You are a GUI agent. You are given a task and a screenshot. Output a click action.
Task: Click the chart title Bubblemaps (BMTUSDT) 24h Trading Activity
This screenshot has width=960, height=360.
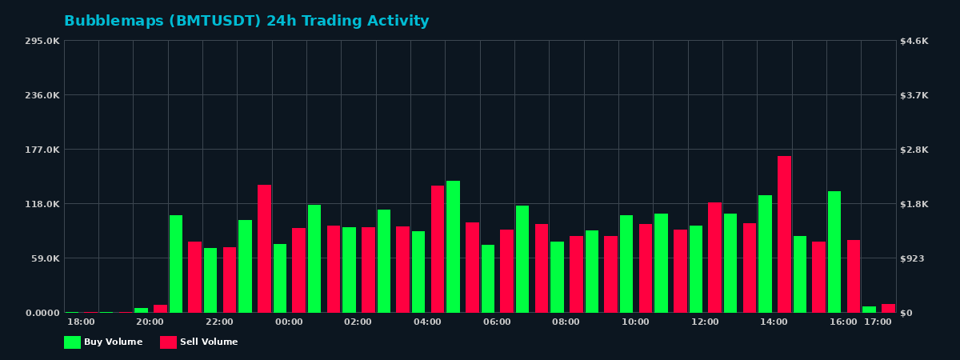(246, 22)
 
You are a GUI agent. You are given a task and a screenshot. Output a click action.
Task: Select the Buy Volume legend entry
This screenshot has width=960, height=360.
(103, 342)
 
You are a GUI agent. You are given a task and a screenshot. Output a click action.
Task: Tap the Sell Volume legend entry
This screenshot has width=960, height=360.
(199, 342)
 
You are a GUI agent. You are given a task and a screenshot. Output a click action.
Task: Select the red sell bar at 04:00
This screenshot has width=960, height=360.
(438, 249)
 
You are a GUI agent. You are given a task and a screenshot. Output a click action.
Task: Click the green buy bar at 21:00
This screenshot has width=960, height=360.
(176, 264)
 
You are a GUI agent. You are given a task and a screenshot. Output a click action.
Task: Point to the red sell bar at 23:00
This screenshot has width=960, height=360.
(264, 249)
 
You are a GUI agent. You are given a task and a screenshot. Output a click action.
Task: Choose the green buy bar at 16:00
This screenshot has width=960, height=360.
(834, 252)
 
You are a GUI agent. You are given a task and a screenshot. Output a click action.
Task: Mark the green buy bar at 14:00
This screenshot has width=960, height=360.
(766, 254)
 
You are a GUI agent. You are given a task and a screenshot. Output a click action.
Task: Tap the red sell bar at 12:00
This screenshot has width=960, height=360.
(714, 258)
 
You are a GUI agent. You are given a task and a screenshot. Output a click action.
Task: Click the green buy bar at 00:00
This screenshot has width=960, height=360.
(280, 278)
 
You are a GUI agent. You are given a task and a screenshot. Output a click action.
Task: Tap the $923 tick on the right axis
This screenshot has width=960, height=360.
(914, 258)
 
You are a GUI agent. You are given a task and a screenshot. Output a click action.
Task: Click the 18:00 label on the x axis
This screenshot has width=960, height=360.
(81, 322)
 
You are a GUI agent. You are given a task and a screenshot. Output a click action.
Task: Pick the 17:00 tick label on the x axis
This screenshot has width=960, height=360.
(878, 322)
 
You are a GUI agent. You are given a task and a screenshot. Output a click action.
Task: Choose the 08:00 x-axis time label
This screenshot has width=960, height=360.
(566, 322)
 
